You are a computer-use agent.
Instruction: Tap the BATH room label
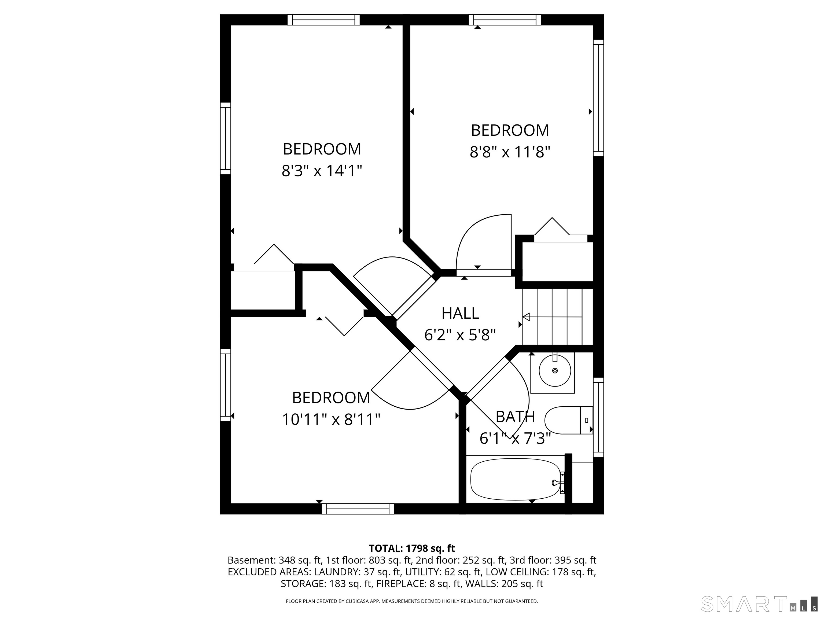[x=516, y=417]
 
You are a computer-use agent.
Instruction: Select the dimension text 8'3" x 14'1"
[x=322, y=171]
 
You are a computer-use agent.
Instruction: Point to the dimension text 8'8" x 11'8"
[x=510, y=152]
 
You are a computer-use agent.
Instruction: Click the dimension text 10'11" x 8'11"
[x=331, y=420]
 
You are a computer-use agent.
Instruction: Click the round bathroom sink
[x=555, y=371]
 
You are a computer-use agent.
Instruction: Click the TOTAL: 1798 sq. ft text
[x=412, y=548]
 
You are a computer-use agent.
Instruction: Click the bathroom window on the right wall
[x=598, y=417]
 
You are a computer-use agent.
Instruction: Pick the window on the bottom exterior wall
[x=358, y=509]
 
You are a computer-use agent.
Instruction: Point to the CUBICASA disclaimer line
[x=412, y=601]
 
